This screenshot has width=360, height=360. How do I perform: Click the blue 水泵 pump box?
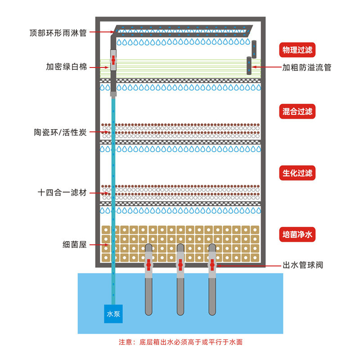[112, 314]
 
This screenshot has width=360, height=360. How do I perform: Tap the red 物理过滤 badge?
[297, 49]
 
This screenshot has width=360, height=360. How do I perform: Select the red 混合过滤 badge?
[297, 112]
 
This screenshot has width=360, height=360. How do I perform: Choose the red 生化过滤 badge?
[297, 173]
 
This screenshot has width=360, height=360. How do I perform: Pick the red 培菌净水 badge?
[297, 234]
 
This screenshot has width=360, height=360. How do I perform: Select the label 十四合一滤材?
[62, 193]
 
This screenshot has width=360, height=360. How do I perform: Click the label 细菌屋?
[75, 245]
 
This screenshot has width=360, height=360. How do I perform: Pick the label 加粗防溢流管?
[306, 67]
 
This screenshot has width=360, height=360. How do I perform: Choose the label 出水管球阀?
[302, 265]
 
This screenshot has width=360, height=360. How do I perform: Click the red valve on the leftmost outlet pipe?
[148, 265]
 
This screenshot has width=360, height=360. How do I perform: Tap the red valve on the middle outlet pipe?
[180, 265]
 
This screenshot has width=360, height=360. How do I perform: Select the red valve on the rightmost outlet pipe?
[212, 265]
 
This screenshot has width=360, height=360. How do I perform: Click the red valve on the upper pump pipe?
[114, 60]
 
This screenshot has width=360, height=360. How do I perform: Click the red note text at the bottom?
[180, 342]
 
